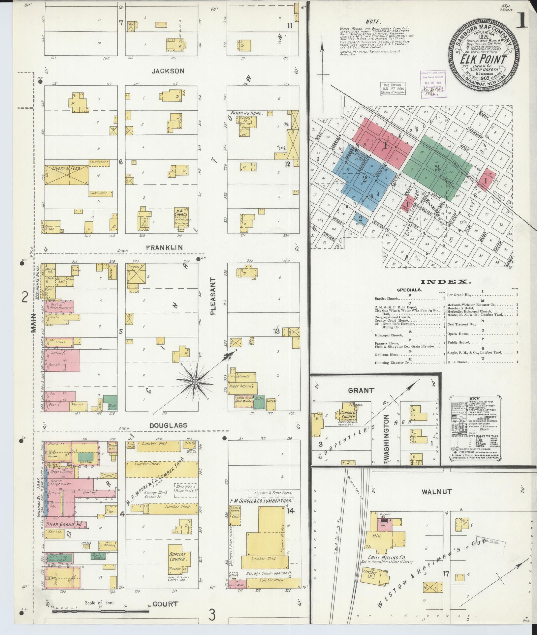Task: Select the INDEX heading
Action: point(445,281)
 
